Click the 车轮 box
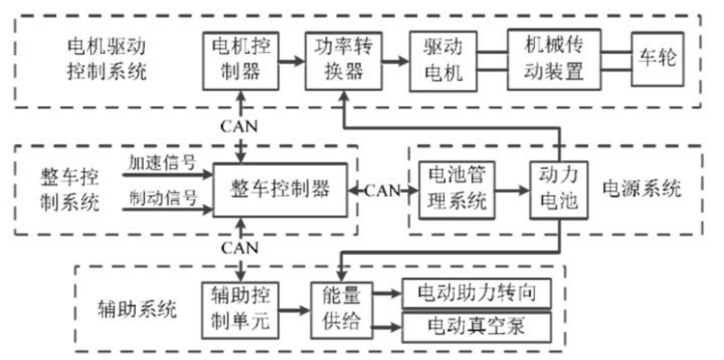click(x=656, y=58)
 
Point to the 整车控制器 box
click(x=280, y=189)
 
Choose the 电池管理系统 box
click(x=453, y=190)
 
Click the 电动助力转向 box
click(x=476, y=292)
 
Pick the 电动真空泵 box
click(x=476, y=327)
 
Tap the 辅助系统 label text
click(x=137, y=311)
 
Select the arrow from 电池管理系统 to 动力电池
click(x=509, y=190)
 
